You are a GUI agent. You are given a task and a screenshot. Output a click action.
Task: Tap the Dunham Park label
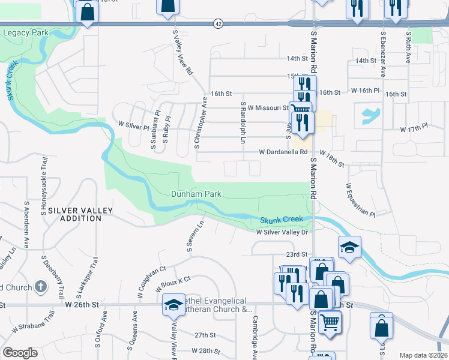(x=196, y=194)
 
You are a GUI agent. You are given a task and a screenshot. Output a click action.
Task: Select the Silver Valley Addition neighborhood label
(x=75, y=214)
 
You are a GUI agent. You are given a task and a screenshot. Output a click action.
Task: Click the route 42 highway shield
(x=217, y=23)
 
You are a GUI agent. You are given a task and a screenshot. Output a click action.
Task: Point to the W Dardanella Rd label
(x=283, y=152)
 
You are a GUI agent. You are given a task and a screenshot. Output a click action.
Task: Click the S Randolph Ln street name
(x=243, y=122)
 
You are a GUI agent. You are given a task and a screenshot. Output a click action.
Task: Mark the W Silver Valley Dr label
(x=282, y=232)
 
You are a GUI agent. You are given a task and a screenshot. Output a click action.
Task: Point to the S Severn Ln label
(x=195, y=236)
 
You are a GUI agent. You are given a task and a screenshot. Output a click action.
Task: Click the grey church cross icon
(x=40, y=287)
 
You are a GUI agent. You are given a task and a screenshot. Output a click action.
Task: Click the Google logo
(x=20, y=353)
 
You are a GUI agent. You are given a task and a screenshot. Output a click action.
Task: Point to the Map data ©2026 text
(x=423, y=355)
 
